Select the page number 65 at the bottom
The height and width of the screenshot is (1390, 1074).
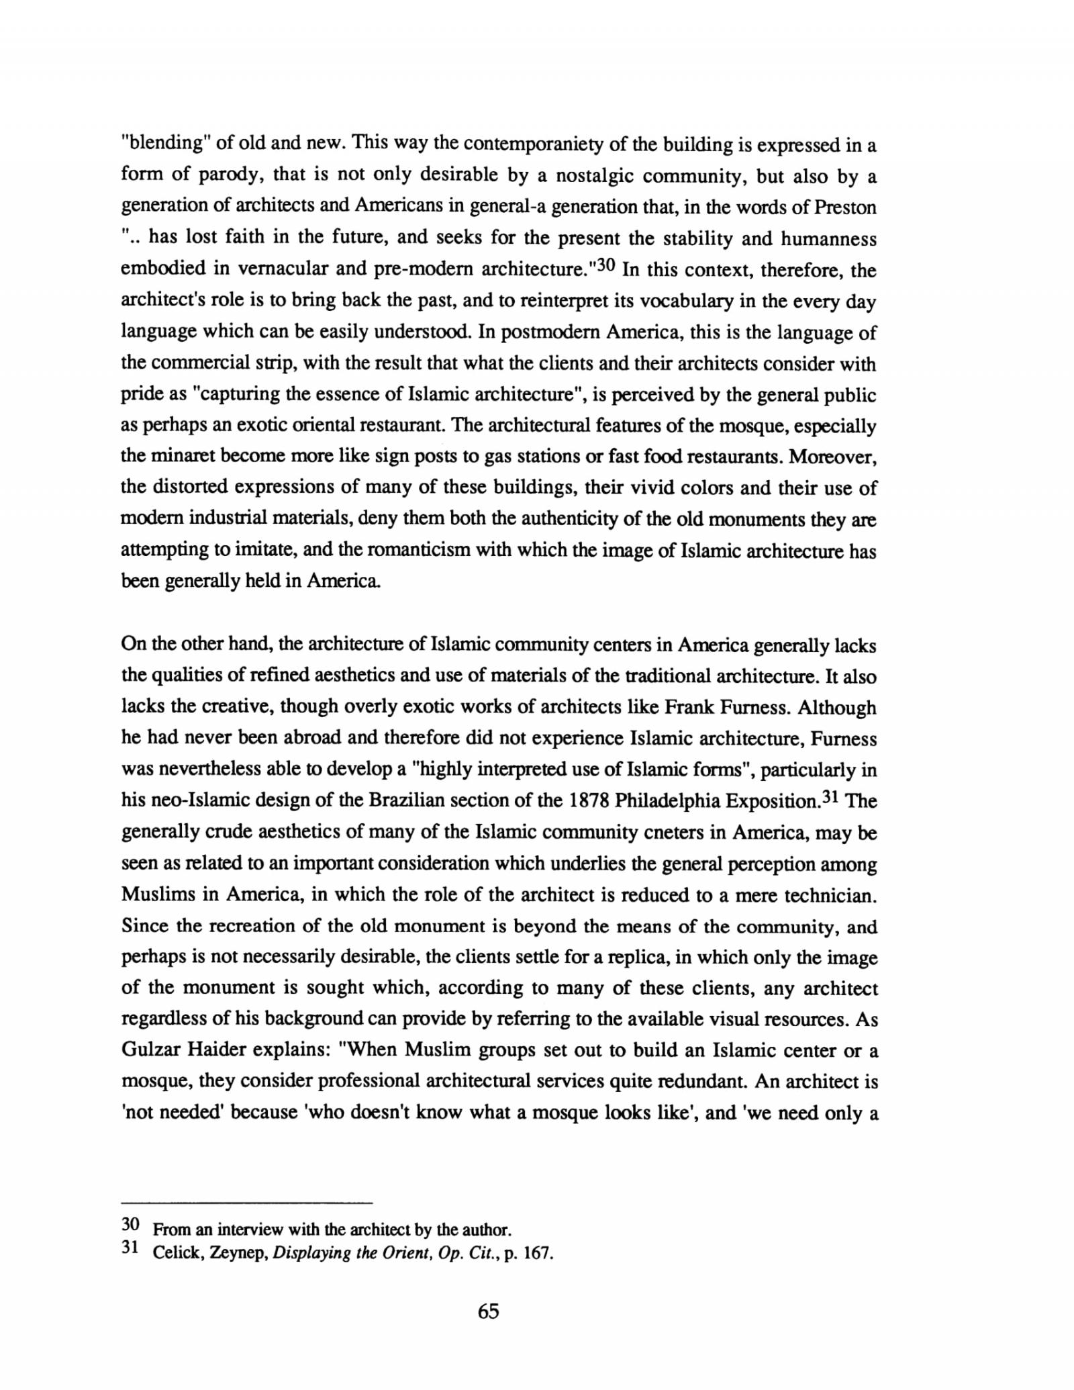tap(489, 1311)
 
